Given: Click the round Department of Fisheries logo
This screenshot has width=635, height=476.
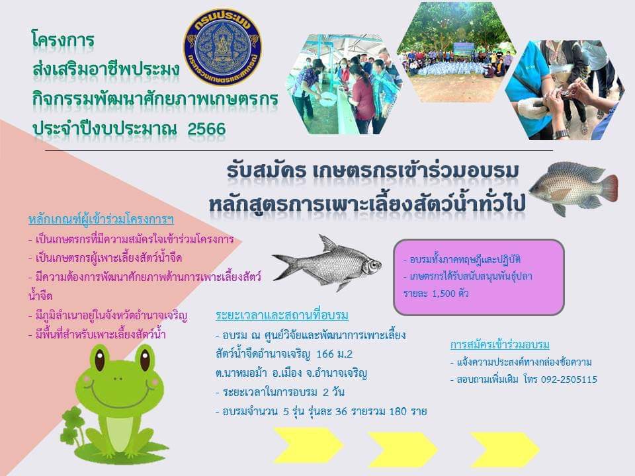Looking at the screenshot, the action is coord(222,47).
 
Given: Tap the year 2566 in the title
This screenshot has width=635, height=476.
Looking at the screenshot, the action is coord(206,129).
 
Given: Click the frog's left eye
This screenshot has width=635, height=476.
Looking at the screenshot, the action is coord(100,360).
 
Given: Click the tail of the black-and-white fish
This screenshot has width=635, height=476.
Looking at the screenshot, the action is coord(284,266).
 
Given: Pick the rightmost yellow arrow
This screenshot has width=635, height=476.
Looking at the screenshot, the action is coord(505,448).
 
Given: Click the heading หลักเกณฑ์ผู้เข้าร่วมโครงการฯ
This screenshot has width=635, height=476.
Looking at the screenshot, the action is coord(101,219).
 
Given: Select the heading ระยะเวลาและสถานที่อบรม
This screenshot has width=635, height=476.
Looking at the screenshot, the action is coord(282,315).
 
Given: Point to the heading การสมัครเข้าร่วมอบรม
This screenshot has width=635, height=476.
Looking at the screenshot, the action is coord(500,345).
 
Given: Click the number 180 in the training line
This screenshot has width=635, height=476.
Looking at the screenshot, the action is coord(398,412).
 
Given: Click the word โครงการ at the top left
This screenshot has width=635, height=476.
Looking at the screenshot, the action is coord(63,40).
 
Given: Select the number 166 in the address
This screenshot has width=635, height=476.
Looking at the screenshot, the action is coord(325,354).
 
